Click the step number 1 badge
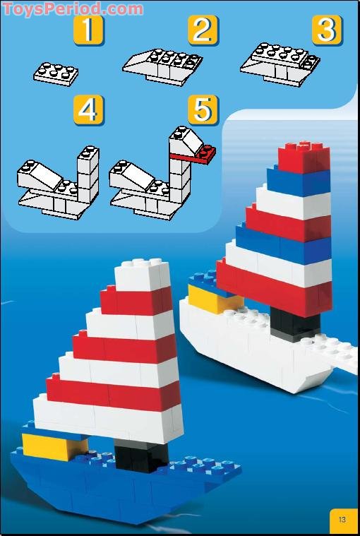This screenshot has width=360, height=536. tap(89, 30)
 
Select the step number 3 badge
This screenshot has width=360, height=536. tap(327, 30)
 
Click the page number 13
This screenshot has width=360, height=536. tap(342, 520)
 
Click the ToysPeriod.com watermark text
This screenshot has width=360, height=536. tap(72, 8)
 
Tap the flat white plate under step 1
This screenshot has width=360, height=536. tap(55, 73)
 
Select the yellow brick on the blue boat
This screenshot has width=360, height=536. tap(53, 447)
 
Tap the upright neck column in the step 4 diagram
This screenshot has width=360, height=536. tap(88, 177)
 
